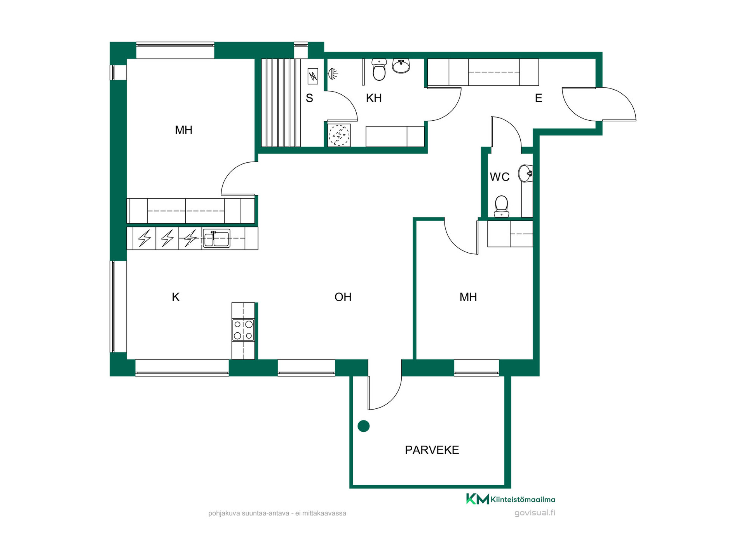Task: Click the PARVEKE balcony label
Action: tap(432, 450)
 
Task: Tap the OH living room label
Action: tap(343, 297)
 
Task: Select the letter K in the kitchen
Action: tap(176, 297)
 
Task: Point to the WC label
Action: tap(499, 177)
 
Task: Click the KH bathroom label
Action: tap(374, 98)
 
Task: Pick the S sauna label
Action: tap(309, 98)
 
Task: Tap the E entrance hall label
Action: tap(538, 98)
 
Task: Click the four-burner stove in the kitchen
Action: tap(243, 330)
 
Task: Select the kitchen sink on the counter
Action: tap(216, 238)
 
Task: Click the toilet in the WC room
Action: tap(501, 206)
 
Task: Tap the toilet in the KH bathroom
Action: tap(379, 69)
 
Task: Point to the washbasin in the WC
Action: tap(525, 174)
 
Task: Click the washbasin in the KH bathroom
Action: tap(401, 66)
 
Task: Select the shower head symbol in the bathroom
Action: tap(333, 73)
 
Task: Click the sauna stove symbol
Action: tap(313, 76)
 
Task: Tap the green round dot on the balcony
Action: tap(363, 426)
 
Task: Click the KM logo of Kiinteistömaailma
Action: tap(477, 499)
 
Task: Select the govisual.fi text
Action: tap(535, 513)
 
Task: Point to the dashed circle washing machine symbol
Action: tap(339, 135)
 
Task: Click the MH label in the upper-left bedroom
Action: tap(183, 130)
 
